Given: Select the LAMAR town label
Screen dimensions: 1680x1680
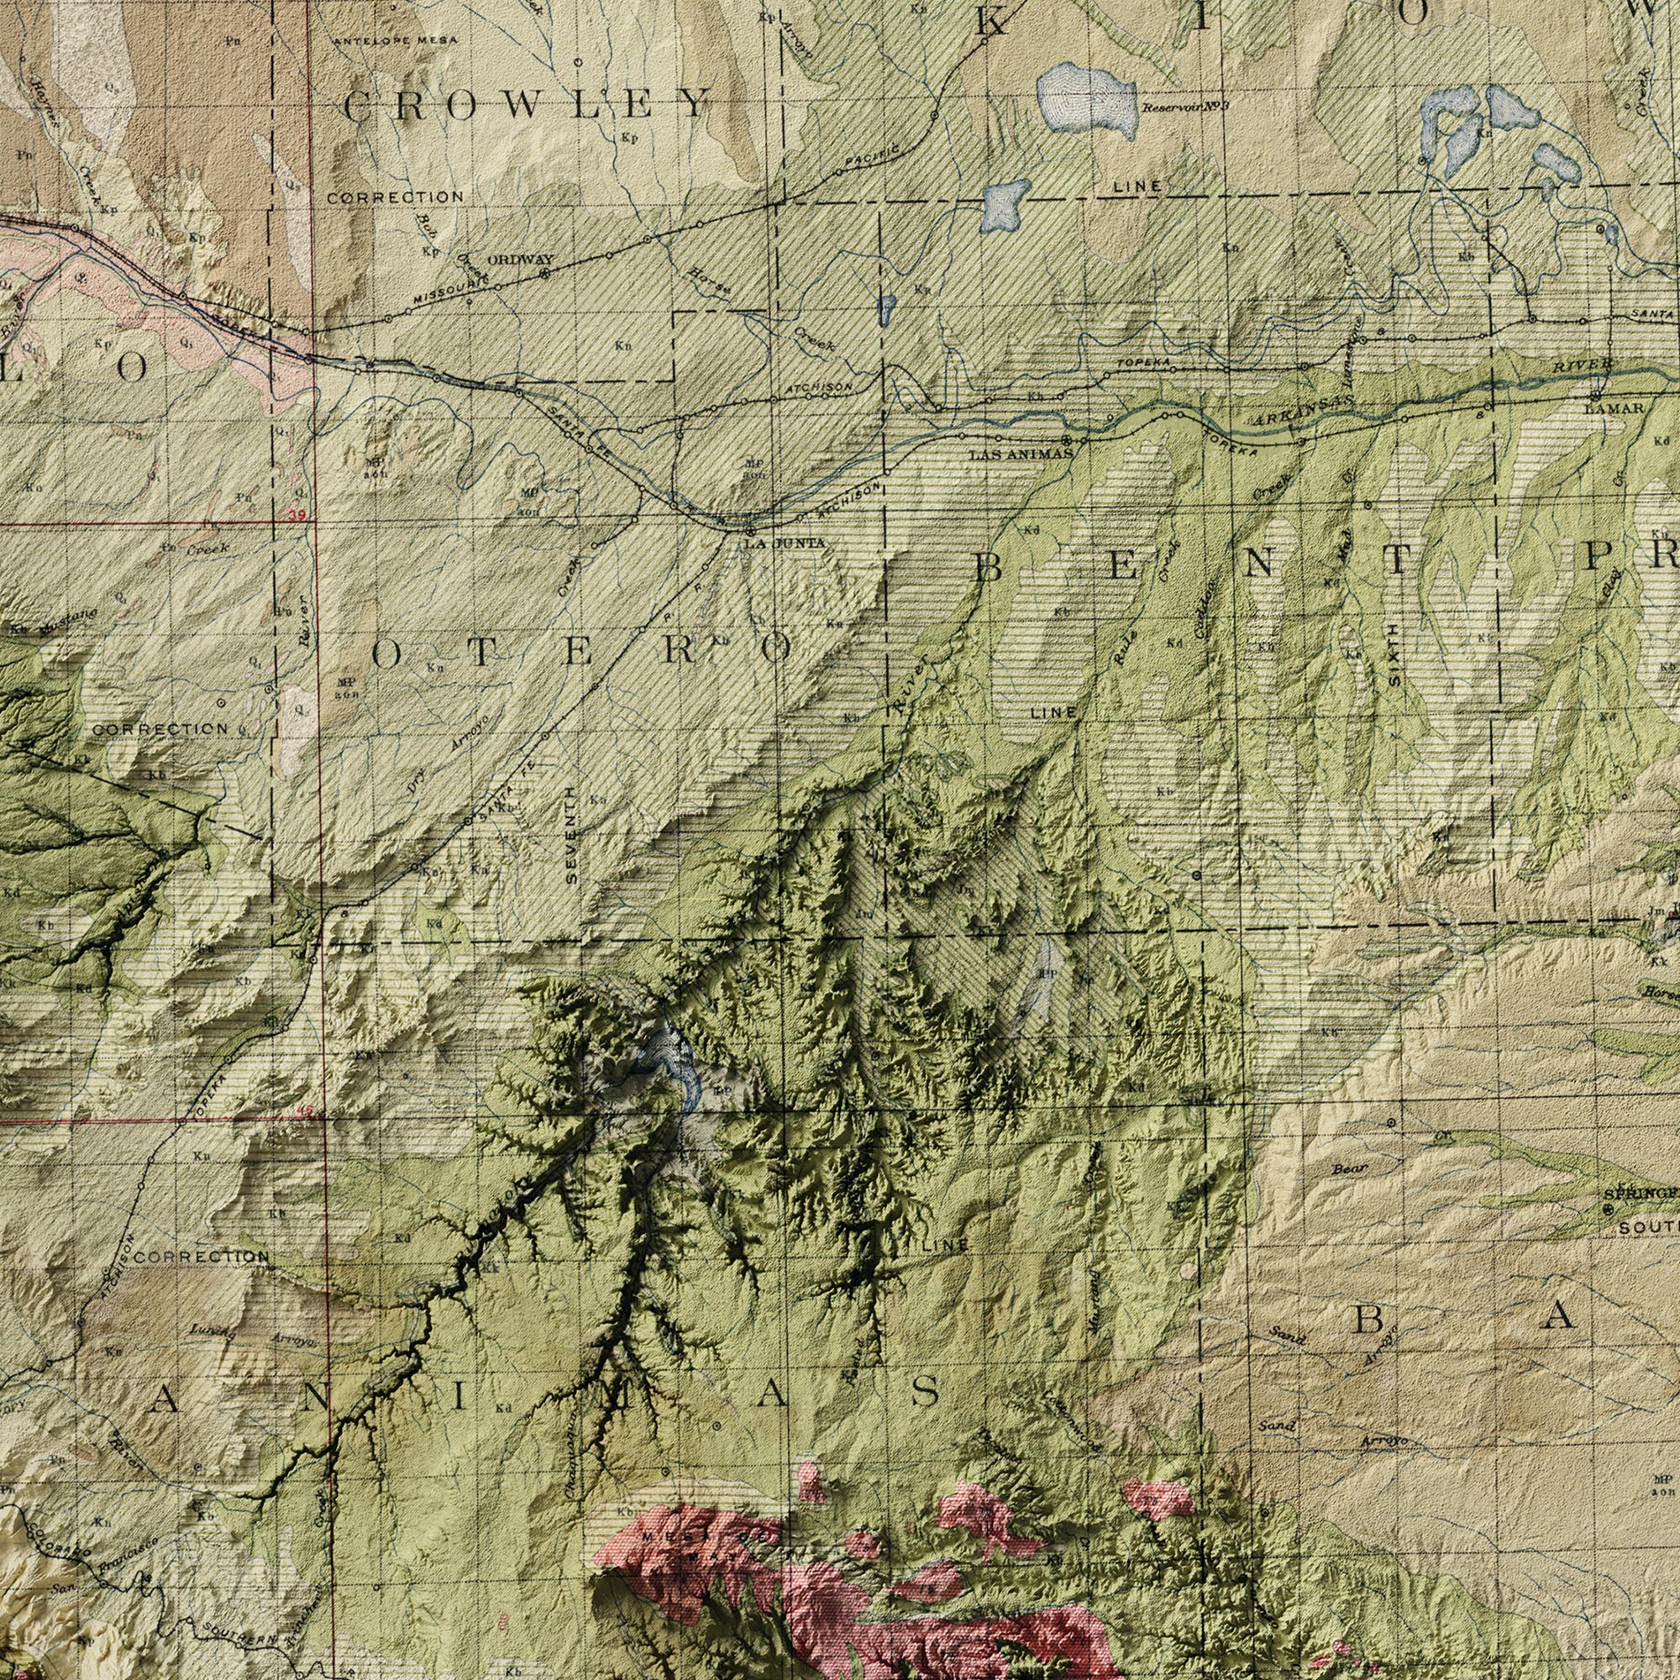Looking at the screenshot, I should (x=1614, y=408).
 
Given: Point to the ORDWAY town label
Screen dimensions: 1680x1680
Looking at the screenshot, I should (x=520, y=259).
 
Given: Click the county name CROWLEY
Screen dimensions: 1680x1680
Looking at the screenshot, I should (x=525, y=105).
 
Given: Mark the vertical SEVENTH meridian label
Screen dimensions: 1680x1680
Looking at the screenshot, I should (x=570, y=835).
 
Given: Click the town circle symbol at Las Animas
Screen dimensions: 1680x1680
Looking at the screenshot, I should (x=1066, y=439).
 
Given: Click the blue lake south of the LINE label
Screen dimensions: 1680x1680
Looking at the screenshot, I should (x=1005, y=202).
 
